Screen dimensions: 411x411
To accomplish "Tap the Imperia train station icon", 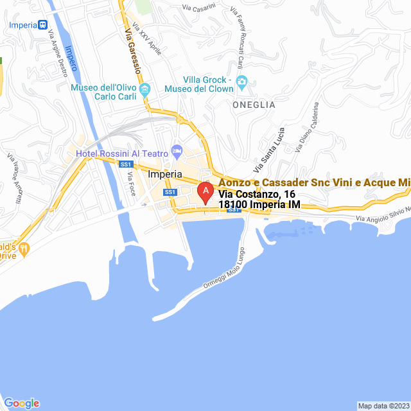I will [42, 25].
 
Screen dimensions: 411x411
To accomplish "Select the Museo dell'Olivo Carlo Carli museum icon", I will [145, 89].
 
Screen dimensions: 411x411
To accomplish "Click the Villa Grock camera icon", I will [242, 81].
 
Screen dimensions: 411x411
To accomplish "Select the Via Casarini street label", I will [199, 8].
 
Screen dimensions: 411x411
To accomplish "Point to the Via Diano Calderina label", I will [308, 127].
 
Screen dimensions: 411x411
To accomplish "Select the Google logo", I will [21, 403].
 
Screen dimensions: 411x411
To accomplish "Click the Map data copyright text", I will [383, 406].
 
